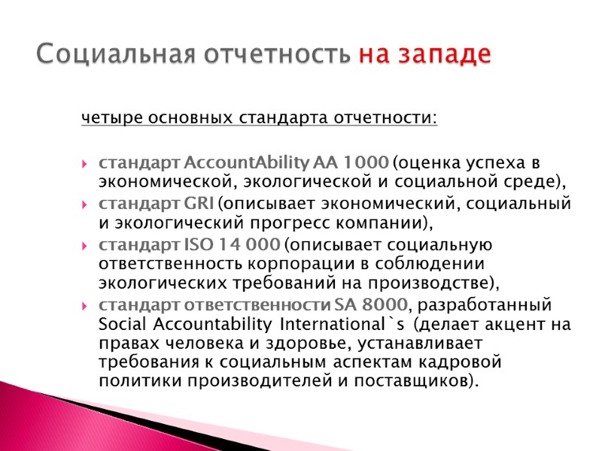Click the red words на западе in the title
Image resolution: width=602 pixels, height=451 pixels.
[424, 54]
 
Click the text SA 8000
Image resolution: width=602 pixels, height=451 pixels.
[374, 305]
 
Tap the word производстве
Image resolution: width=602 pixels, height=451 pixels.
[434, 283]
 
